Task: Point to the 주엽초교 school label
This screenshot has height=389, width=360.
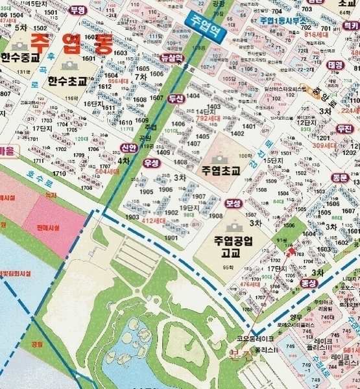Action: point(221,172)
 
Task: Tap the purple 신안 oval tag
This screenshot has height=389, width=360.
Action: point(128,148)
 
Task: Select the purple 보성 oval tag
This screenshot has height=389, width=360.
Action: point(233,204)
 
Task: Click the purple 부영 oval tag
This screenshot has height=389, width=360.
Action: point(78,10)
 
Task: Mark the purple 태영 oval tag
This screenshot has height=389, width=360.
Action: point(335,65)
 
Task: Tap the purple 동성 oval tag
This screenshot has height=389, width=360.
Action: point(309,283)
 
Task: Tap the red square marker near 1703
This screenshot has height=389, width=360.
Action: point(291,251)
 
